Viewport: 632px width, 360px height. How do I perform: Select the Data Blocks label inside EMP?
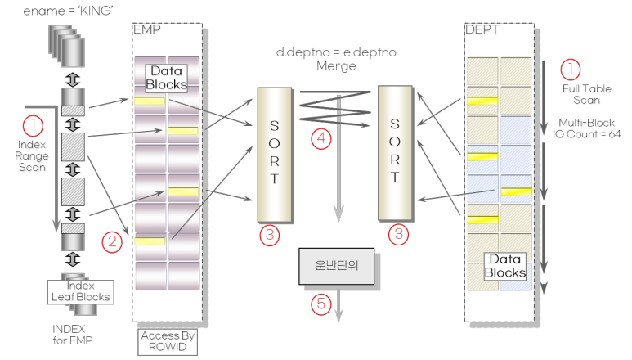pos(167,78)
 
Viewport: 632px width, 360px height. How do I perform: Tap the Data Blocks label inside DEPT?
pos(506,265)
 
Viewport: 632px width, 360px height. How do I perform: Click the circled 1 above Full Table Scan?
pos(572,68)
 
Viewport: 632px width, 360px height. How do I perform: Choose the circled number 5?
pos(320,304)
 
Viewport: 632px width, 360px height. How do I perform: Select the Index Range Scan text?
pos(33,156)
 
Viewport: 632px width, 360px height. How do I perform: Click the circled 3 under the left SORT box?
pos(270,236)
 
